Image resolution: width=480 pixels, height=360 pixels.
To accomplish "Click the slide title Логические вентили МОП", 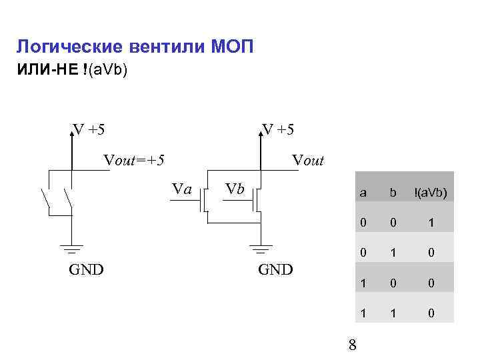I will pyautogui.click(x=135, y=47).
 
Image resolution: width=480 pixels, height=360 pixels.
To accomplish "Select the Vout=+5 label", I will pyautogui.click(x=134, y=160).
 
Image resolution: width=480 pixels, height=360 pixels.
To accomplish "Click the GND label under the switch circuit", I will pyautogui.click(x=87, y=271).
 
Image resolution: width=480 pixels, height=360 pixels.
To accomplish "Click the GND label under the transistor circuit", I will pyautogui.click(x=275, y=271).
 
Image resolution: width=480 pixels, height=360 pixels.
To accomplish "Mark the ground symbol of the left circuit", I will pyautogui.click(x=71, y=250).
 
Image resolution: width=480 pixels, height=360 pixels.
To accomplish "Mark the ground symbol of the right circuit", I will pyautogui.click(x=261, y=250).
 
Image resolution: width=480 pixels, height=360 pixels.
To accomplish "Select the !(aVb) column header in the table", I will pyautogui.click(x=430, y=193).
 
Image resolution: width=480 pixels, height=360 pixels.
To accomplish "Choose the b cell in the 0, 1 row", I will pyautogui.click(x=393, y=253).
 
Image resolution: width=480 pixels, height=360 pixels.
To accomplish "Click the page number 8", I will pyautogui.click(x=353, y=345).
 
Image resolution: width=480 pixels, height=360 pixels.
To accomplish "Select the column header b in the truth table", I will pyautogui.click(x=393, y=193).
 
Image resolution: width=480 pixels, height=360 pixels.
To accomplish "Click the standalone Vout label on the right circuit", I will pyautogui.click(x=308, y=160).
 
